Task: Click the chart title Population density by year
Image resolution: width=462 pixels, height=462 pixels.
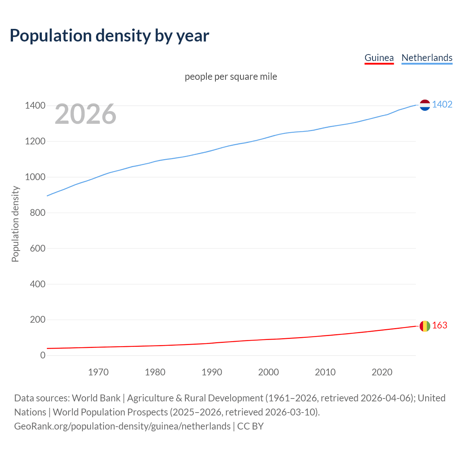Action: coord(109,36)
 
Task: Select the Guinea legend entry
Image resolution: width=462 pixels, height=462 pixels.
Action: coord(379,58)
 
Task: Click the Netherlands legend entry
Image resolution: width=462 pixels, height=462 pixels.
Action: coord(427,58)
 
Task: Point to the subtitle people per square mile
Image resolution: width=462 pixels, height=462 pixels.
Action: coord(231,77)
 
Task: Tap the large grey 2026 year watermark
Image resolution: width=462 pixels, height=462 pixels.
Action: coord(86,114)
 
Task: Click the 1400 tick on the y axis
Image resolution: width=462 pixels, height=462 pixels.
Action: coord(35,106)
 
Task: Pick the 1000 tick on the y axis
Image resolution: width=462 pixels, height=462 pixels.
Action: coord(35,177)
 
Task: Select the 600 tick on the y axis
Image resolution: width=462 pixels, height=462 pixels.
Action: coord(38,248)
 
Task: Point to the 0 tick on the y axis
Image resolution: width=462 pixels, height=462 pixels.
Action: coord(43,356)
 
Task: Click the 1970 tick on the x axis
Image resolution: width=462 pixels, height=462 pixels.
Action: coord(98,372)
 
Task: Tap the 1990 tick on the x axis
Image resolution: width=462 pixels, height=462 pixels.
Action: coord(212,372)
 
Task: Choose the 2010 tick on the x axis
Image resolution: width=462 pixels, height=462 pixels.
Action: coord(325,372)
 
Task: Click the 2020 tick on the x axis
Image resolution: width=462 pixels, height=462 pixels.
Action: coord(382,372)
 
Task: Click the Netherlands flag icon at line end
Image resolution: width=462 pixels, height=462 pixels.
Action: coord(425,105)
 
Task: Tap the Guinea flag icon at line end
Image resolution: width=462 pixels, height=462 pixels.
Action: coord(425,326)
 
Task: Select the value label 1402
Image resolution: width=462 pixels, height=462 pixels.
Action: coord(442,105)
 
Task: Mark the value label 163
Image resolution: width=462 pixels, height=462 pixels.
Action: coord(440,326)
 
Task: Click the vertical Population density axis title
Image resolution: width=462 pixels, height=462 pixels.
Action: coord(15,224)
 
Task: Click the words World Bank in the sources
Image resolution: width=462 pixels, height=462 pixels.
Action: coord(96,398)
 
